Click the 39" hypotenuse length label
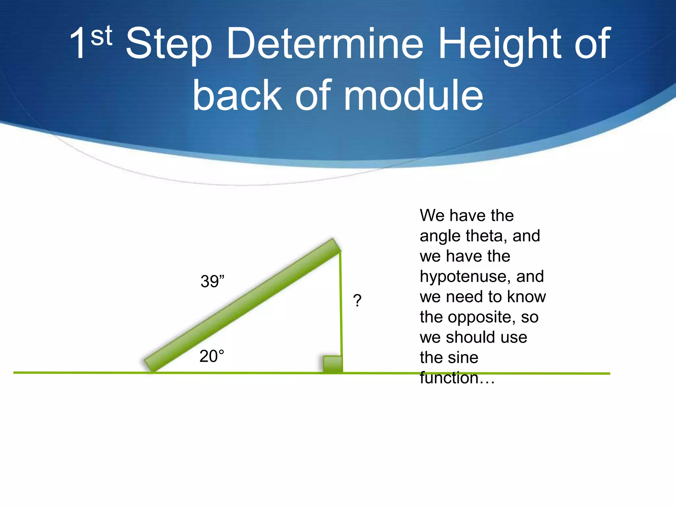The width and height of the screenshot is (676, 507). tap(212, 282)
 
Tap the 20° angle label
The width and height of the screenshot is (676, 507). tap(212, 356)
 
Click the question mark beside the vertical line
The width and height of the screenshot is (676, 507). tap(357, 301)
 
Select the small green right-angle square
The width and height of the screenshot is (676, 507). tap(332, 364)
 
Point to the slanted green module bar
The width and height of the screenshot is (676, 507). tap(243, 305)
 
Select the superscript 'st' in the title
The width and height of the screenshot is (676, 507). tap(101, 36)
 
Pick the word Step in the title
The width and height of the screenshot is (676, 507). tap(169, 45)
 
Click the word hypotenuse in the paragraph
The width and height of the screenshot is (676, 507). tap(465, 277)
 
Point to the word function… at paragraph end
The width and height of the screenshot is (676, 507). tap(457, 378)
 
